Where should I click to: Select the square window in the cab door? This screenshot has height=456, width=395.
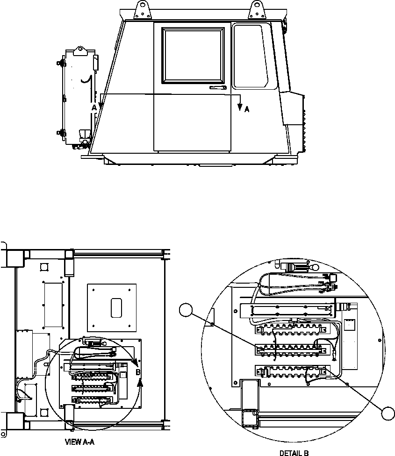tap(193, 54)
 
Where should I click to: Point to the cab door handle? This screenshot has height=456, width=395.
tap(218, 87)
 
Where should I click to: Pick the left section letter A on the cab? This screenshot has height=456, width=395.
tap(94, 107)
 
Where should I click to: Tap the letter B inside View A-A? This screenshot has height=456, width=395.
tap(138, 372)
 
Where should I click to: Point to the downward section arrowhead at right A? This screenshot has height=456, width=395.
tap(240, 107)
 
